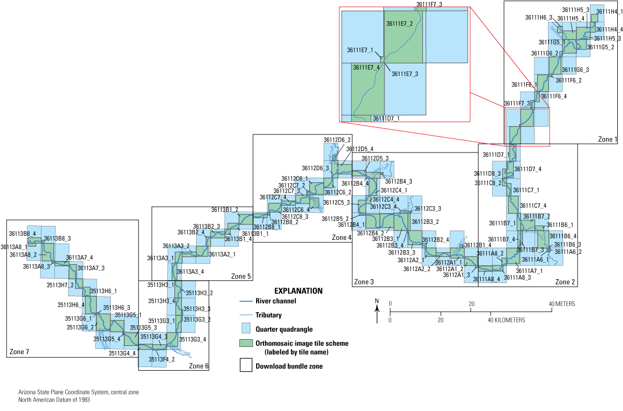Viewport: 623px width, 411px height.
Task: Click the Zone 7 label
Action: point(20,353)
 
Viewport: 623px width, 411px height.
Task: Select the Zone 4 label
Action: point(341,237)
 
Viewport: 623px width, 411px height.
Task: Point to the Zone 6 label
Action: point(199,366)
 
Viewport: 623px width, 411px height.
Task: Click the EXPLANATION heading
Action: point(298,291)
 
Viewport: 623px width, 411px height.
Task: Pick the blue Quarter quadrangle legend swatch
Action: point(246,328)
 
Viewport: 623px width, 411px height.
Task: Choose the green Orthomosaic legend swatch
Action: point(246,343)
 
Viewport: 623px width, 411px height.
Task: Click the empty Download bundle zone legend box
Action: point(246,367)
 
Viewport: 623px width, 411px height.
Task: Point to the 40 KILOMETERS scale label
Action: point(506,321)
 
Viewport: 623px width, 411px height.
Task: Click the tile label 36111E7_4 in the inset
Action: point(366,67)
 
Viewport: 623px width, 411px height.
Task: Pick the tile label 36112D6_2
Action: point(337,140)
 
